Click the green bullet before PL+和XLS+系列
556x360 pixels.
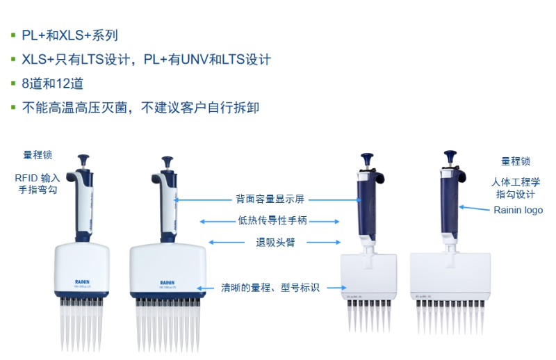click(13, 35)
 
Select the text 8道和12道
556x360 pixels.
click(53, 83)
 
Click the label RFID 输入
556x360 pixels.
click(38, 178)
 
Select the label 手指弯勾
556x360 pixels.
click(38, 190)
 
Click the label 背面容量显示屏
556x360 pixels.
click(269, 199)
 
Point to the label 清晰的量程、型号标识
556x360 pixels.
click(270, 287)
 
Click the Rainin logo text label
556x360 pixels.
click(518, 210)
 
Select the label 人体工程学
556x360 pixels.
click(515, 182)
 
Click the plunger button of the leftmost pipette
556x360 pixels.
click(83, 161)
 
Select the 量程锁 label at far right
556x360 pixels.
click(516, 161)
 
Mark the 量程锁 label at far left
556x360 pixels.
click(38, 155)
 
